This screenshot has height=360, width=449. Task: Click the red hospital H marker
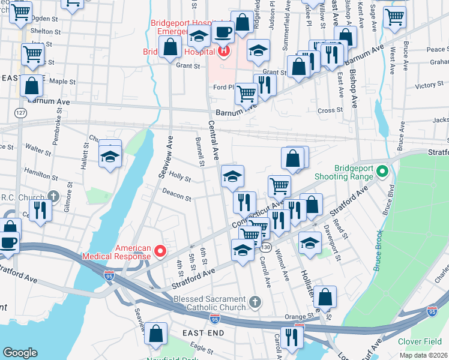pos(224,51)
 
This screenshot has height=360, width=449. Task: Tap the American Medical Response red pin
pos(160,251)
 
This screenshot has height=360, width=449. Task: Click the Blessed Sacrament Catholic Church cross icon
pos(255,301)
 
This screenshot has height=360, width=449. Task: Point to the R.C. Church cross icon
pos(53,196)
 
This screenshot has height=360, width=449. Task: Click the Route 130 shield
pos(266,247)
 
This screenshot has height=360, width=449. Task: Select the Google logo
pos(20,353)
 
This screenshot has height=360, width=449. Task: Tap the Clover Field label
pos(420,341)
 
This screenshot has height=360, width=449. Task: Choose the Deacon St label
pos(176,194)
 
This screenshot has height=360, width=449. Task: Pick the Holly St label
pos(179,177)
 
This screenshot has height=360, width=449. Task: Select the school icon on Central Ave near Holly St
pos(232,176)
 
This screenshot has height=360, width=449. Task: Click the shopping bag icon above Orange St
pos(325,296)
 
